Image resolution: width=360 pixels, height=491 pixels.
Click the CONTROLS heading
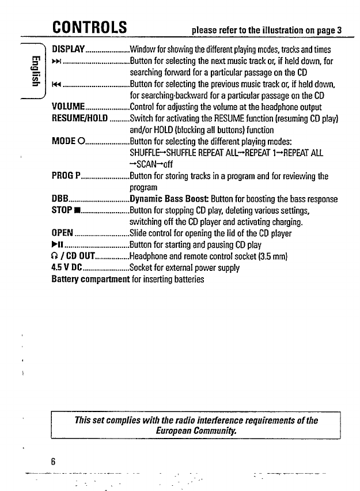pyautogui.click(x=89, y=27)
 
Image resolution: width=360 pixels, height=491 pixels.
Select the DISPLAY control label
pyautogui.click(x=69, y=48)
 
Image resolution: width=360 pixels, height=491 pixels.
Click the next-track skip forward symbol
pyautogui.click(x=56, y=60)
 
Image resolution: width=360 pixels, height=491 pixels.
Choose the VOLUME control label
pyautogui.click(x=69, y=107)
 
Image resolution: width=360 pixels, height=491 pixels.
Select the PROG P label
pyautogui.click(x=66, y=176)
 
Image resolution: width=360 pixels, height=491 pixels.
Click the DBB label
pyautogui.click(x=60, y=199)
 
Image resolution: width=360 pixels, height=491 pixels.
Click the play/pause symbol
pyautogui.click(x=57, y=245)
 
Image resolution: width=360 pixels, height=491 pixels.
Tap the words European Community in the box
pyautogui.click(x=195, y=430)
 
